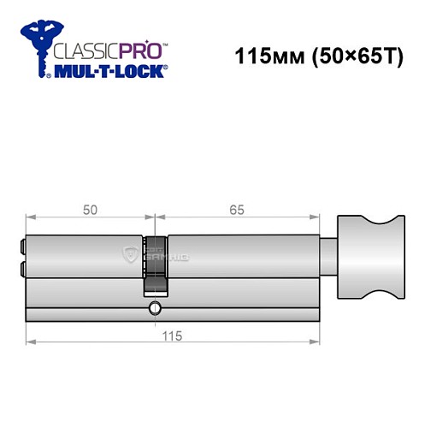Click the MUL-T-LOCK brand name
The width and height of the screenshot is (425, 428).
[109, 72]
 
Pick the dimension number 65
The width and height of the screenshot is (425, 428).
[236, 207]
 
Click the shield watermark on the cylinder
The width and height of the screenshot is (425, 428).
[130, 253]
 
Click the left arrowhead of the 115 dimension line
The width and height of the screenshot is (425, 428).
[31, 342]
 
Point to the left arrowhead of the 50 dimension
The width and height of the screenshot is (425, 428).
[31, 217]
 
